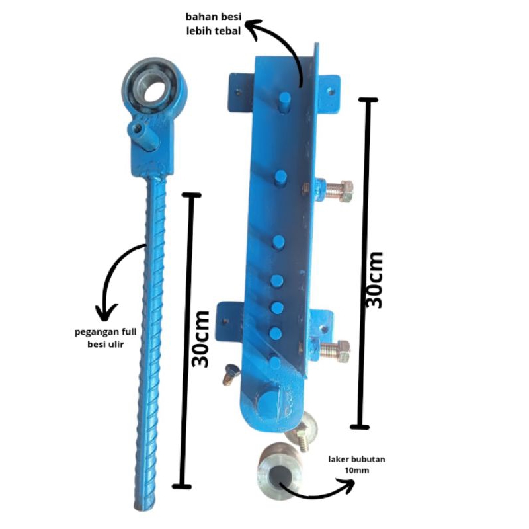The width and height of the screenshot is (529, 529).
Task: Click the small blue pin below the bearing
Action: (143, 136)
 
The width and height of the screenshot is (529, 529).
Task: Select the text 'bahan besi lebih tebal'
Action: (214, 24)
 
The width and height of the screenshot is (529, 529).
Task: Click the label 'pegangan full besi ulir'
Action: (106, 338)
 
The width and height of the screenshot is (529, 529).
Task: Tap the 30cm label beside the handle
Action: (200, 339)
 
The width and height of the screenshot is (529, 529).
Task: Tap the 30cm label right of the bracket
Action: (374, 280)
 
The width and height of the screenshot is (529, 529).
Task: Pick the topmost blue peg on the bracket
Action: (284, 102)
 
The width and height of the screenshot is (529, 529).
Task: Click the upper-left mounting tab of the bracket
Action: (240, 92)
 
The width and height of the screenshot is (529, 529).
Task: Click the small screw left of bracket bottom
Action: (231, 374)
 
